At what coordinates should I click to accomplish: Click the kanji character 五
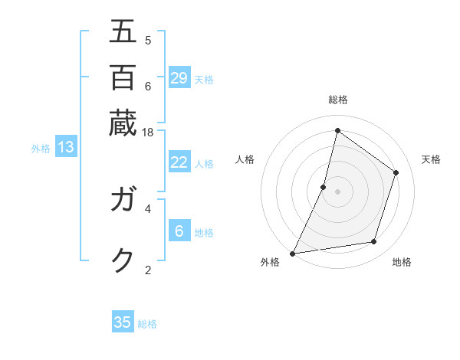(123, 31)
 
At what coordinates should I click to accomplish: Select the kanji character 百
(123, 78)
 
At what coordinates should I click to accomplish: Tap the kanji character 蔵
(123, 123)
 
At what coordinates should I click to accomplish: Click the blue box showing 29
(179, 78)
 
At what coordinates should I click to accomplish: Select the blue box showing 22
(179, 162)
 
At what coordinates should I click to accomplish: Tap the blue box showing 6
(179, 231)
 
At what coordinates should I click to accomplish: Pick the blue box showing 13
(65, 148)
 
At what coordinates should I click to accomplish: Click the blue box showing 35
(123, 322)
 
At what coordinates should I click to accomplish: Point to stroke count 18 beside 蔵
(148, 132)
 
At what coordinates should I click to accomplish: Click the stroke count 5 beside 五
(148, 40)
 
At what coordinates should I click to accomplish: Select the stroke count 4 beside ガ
(148, 208)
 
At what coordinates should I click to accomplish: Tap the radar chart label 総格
(337, 100)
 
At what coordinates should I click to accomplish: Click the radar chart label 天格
(431, 159)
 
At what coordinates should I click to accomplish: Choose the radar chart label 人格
(245, 159)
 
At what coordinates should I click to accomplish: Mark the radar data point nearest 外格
(293, 253)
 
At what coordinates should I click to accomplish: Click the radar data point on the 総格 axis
(337, 131)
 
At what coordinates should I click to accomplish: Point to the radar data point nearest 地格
(374, 242)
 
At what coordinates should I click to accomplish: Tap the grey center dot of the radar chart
(337, 191)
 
